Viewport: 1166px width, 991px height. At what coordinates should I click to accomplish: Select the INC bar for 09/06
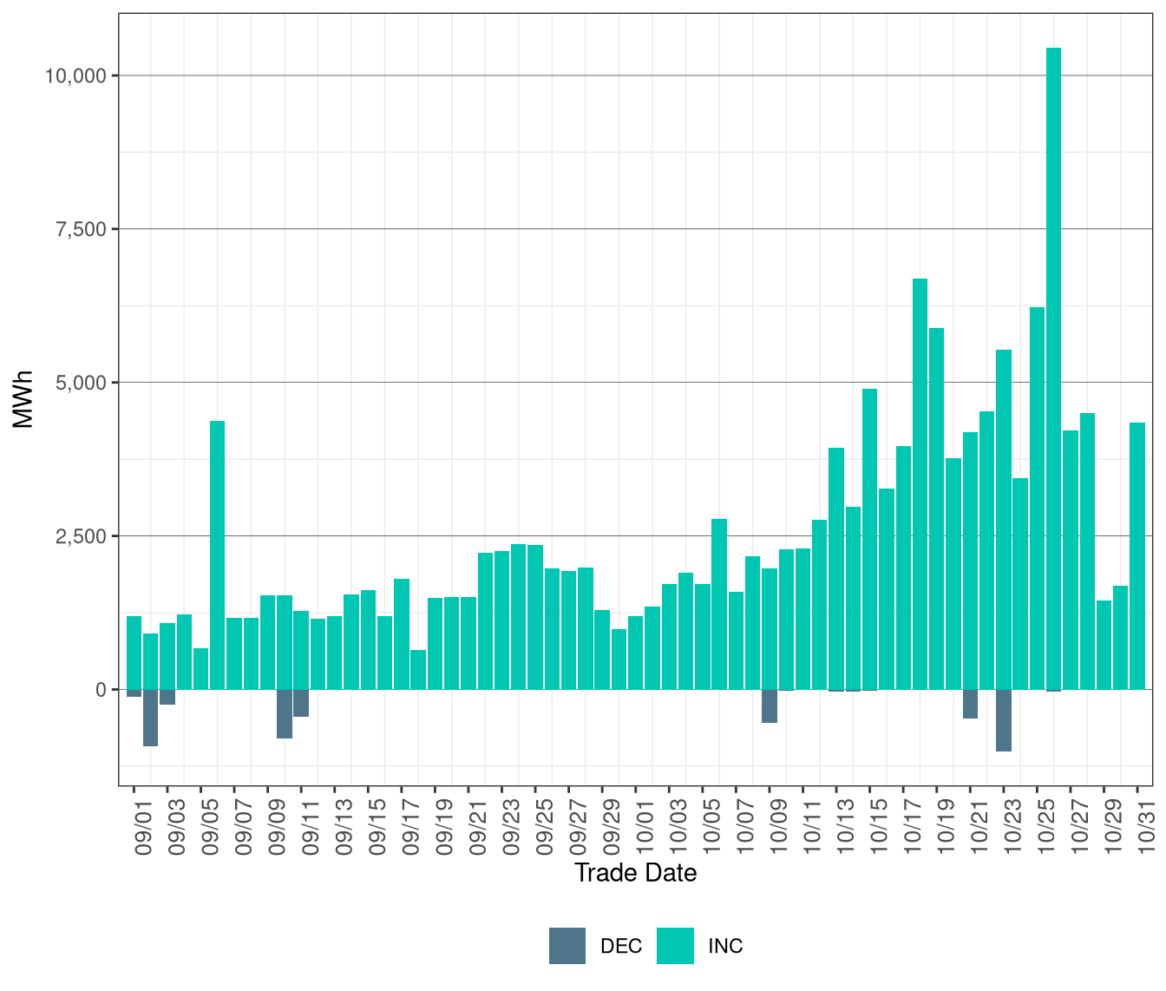pos(218,555)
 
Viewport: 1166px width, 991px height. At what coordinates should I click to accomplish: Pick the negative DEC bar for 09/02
pos(150,718)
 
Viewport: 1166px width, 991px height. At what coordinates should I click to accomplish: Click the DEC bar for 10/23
pos(1004,720)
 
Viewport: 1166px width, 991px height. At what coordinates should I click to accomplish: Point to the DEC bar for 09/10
pos(285,714)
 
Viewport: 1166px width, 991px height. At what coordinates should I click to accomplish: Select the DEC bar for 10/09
pos(770,706)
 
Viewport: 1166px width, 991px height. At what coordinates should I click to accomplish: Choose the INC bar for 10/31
pos(1137,556)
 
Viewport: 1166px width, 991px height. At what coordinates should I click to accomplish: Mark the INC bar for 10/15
pos(870,539)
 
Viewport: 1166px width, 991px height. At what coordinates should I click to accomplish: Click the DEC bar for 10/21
pos(970,704)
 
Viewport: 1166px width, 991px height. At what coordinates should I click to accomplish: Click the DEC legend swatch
pos(567,946)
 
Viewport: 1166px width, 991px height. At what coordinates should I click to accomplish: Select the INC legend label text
pos(725,946)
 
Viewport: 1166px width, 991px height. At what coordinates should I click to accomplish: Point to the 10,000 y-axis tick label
pos(75,76)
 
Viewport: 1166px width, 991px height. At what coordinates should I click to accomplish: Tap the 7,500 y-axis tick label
pos(81,229)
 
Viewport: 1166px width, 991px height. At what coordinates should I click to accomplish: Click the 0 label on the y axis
pos(102,690)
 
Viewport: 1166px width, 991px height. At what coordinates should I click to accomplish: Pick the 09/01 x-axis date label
pos(143,830)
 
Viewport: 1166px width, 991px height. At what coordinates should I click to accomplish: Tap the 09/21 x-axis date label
pos(478,830)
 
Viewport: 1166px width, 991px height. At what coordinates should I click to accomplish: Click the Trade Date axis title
pos(635,873)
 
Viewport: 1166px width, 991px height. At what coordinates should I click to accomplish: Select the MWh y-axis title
pos(23,399)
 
